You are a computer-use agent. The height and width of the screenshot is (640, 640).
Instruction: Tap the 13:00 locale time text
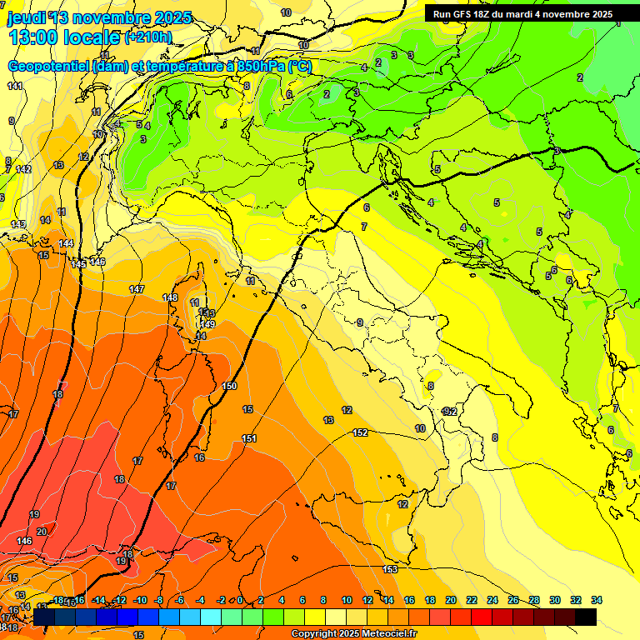(x=64, y=37)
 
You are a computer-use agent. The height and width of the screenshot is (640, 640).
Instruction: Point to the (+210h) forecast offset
(x=147, y=37)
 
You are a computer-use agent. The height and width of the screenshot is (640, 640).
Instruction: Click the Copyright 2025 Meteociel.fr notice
(x=352, y=634)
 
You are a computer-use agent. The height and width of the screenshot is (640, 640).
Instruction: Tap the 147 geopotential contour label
(x=137, y=289)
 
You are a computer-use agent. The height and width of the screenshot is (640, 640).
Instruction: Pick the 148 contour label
(x=171, y=297)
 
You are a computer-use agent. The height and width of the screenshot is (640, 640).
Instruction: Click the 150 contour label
(x=230, y=386)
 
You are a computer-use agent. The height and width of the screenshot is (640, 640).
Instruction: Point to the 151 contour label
(x=248, y=438)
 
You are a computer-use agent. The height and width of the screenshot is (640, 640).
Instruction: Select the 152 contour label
(x=360, y=432)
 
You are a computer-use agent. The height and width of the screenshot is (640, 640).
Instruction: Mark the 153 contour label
(x=390, y=568)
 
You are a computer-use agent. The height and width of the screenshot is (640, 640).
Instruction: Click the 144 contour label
(x=66, y=243)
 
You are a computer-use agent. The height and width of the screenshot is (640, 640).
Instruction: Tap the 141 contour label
(x=15, y=86)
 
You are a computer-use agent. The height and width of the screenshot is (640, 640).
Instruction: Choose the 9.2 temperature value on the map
(x=450, y=412)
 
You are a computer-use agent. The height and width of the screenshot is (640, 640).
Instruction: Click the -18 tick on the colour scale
(x=57, y=600)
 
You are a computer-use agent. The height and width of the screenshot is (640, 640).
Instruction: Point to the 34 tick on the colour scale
(x=597, y=600)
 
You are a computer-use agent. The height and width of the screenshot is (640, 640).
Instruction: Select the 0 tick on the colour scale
(x=240, y=600)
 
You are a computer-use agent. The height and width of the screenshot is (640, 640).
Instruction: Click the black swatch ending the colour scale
(x=586, y=617)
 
